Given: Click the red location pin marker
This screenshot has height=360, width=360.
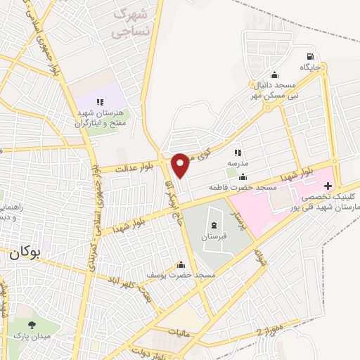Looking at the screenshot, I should click(180, 165).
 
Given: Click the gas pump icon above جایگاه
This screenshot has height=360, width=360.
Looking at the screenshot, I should click(309, 57).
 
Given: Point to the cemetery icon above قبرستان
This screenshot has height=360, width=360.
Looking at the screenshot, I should click(213, 225).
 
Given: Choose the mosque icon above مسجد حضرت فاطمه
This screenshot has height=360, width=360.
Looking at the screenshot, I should click(243, 177).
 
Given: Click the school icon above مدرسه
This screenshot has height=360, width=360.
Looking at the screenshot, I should click(238, 152).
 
